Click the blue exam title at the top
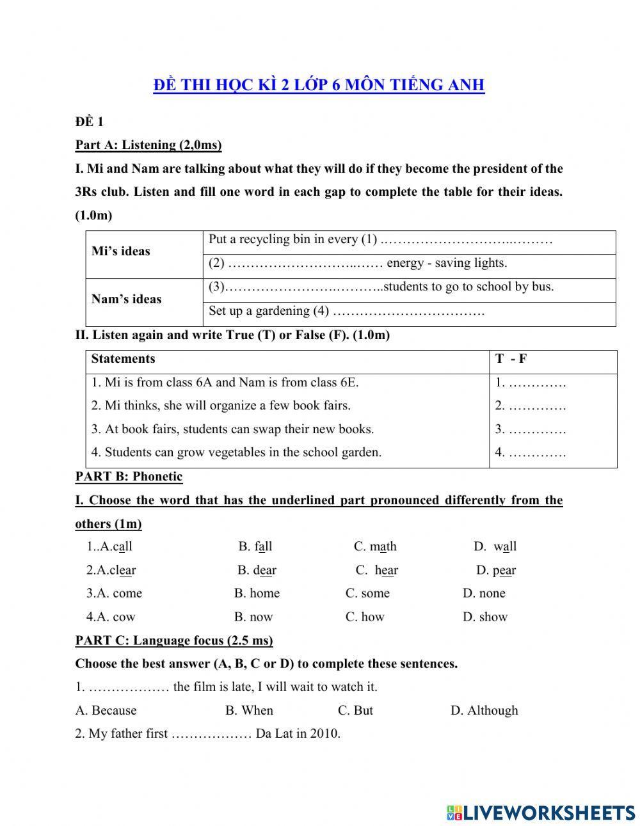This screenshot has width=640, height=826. (x=319, y=85)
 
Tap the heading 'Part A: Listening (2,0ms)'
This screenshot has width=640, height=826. (x=148, y=145)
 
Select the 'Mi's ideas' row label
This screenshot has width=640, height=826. (x=121, y=251)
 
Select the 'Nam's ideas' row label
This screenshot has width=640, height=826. (x=126, y=299)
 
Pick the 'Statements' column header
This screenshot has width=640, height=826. (x=123, y=359)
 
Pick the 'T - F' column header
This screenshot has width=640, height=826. (x=511, y=359)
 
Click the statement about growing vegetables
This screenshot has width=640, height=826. (x=236, y=452)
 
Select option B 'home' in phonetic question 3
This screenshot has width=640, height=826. (x=257, y=593)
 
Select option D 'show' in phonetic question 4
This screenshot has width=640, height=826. (x=484, y=617)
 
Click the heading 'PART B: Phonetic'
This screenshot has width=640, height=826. (x=129, y=477)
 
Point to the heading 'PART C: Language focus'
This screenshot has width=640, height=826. (x=173, y=640)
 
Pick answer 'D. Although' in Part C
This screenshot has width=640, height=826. (x=484, y=710)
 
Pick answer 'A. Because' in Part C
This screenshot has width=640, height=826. (x=106, y=710)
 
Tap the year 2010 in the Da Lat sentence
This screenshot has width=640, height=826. (x=325, y=734)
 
